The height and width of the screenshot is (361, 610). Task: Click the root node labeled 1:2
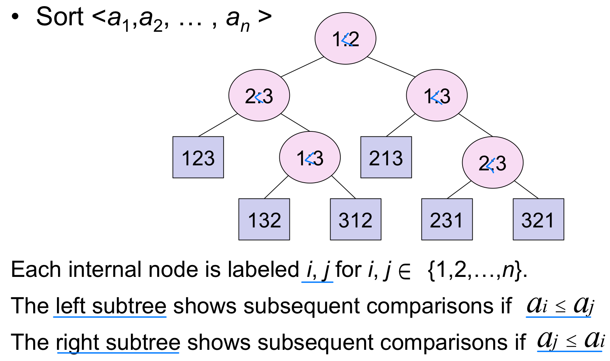click(345, 39)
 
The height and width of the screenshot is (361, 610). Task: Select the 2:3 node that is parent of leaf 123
click(259, 96)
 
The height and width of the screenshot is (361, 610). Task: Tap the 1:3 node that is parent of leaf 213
click(437, 96)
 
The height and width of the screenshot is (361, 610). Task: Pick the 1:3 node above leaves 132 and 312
click(310, 158)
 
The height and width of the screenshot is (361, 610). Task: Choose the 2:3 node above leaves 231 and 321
click(492, 163)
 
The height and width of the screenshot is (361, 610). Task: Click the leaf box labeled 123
click(198, 157)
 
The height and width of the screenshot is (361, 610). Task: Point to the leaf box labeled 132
click(264, 219)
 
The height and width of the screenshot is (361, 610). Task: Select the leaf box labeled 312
click(355, 219)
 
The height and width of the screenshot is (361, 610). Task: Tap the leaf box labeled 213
click(386, 157)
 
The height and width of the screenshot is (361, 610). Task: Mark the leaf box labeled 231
click(447, 219)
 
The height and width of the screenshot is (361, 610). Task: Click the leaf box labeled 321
click(538, 219)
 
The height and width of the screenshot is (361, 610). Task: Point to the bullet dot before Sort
click(15, 17)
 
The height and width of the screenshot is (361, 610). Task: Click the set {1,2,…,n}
click(474, 270)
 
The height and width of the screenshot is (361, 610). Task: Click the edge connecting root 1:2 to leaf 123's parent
click(302, 67)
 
